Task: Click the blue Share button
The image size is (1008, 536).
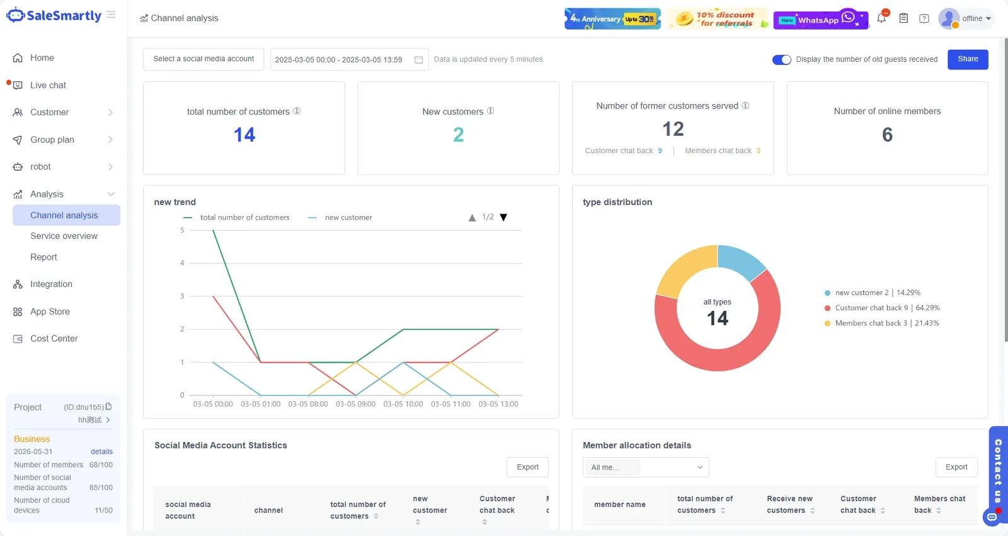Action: coord(968,59)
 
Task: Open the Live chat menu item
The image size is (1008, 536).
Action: coord(48,85)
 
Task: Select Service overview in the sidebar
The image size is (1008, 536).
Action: coord(64,236)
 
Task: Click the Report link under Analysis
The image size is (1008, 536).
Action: coord(43,257)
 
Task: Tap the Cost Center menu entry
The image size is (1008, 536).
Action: coord(54,338)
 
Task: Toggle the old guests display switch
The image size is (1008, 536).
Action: coord(781,59)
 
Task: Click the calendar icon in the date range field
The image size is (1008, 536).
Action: coord(418,59)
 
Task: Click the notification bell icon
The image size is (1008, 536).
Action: coord(881,18)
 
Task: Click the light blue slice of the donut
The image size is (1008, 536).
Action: coord(740,261)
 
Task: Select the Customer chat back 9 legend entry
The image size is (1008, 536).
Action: coord(882,308)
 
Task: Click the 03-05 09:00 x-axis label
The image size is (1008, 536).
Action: coord(355,404)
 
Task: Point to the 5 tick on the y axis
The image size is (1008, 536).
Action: coord(182,230)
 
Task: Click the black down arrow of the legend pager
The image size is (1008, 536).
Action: coord(503,218)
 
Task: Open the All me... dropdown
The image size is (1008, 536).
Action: coord(646,467)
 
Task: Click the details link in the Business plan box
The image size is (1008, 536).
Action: coord(101,452)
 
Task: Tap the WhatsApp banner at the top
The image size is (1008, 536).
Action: coord(820,19)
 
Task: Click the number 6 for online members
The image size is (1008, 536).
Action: coord(887,135)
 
